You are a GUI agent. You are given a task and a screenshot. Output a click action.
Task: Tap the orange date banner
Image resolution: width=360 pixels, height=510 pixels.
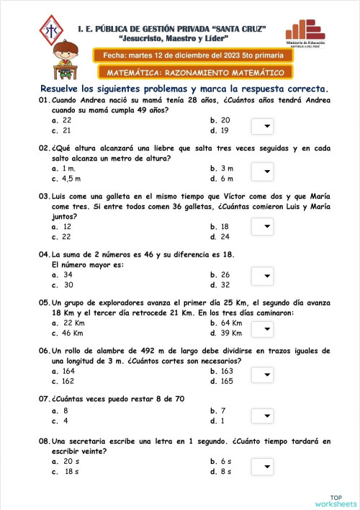click(x=183, y=55)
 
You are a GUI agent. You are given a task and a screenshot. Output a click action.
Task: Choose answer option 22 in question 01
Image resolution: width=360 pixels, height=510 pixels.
click(x=66, y=120)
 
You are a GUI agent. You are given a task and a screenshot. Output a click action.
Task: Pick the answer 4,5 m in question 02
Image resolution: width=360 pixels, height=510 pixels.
click(x=71, y=179)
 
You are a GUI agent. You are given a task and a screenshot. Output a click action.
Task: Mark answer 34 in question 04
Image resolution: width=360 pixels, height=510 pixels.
click(x=67, y=274)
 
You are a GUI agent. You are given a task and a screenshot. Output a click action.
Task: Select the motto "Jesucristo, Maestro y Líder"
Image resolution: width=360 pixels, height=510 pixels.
click(x=174, y=37)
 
